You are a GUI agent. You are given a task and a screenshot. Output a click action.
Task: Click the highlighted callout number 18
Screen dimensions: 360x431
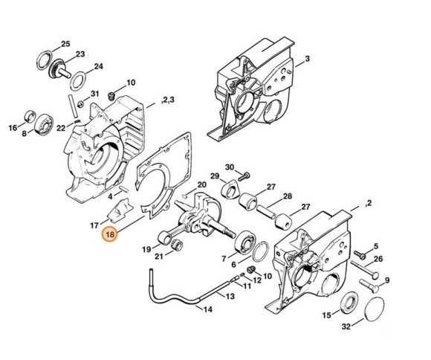(x=110, y=234)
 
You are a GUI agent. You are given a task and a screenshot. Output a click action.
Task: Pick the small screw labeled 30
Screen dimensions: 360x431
(x=245, y=173)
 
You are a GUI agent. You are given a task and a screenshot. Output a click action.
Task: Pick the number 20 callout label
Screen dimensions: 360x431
(x=202, y=185)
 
